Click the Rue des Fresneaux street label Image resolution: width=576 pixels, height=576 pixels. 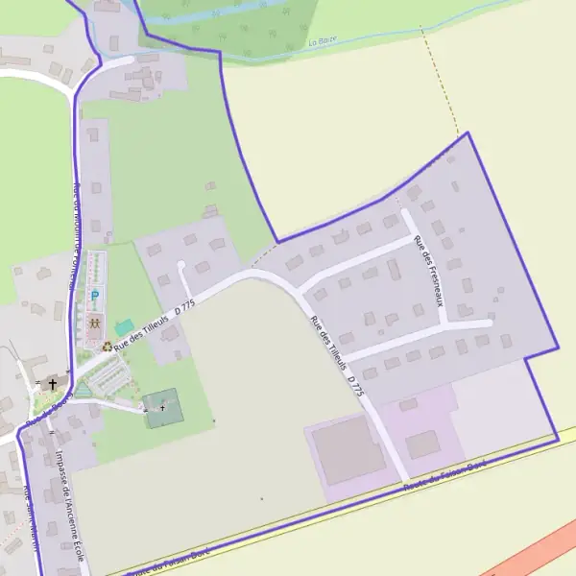coord(428,271)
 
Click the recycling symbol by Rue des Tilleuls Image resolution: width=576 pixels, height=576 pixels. coord(108,346)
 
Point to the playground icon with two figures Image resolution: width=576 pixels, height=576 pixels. coord(95,324)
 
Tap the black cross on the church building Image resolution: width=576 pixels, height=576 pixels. coord(52,384)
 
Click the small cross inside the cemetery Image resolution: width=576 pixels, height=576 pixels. coord(162,408)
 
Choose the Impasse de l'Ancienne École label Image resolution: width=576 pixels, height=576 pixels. coord(69,506)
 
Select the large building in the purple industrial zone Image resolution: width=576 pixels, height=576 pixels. coord(347,450)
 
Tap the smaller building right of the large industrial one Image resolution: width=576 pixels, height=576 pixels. coord(421,444)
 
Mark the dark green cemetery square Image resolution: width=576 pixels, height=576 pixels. coord(161,409)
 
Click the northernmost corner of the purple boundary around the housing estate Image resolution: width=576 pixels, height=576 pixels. coord(468,132)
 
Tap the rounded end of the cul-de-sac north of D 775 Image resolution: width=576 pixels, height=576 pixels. coord(181,266)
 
